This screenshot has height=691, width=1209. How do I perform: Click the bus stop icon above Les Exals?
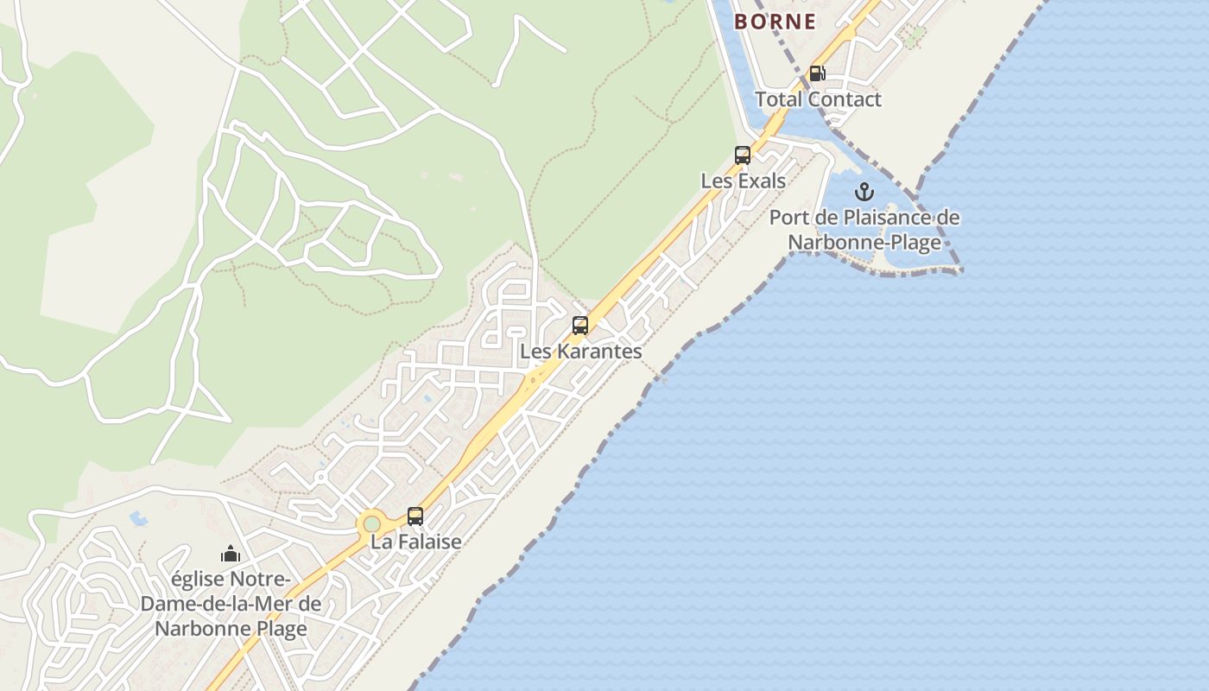tap(743, 155)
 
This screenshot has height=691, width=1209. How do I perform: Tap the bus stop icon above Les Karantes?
tap(580, 326)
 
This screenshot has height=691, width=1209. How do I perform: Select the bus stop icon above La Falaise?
tap(415, 517)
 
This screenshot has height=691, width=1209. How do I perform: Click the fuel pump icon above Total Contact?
tap(817, 73)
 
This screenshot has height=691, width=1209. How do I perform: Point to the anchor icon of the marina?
tap(864, 192)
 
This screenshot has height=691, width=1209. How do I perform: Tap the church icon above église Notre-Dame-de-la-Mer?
tap(231, 553)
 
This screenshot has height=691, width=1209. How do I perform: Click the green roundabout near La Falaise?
tap(371, 523)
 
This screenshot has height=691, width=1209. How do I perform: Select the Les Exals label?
tap(743, 181)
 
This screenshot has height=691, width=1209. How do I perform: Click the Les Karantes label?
tap(580, 352)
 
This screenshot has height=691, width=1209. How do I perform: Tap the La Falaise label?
tap(415, 542)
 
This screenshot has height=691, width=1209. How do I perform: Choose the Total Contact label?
tap(818, 99)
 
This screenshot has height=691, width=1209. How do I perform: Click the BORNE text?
tap(775, 22)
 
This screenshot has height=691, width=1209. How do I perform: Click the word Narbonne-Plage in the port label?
tap(864, 243)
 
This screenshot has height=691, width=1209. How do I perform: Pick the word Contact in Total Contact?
tap(845, 99)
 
